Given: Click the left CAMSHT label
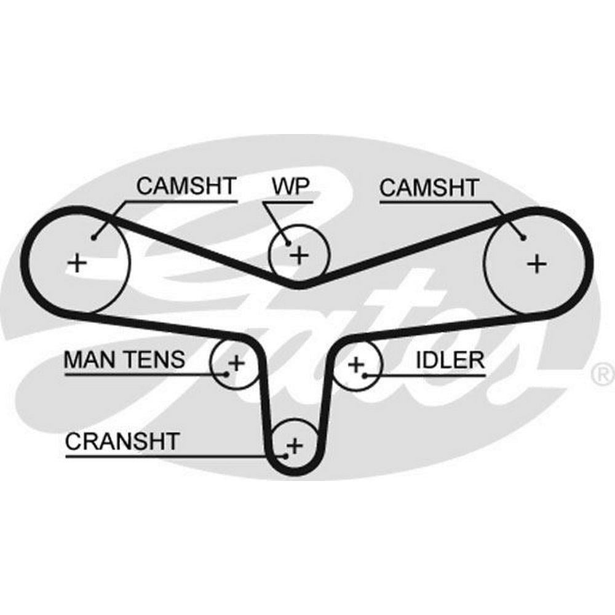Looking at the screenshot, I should (186, 186).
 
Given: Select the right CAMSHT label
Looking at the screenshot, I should (429, 187).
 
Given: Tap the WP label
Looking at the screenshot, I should (289, 186).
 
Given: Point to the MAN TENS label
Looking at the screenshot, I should (124, 360).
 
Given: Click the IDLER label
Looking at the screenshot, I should (450, 360).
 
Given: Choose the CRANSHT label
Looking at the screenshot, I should (122, 441).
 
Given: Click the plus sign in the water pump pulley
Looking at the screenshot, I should (299, 255).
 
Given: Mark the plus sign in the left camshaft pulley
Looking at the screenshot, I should (77, 263).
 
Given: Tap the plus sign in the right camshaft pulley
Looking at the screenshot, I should (537, 263).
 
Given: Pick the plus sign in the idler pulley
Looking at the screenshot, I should (355, 365).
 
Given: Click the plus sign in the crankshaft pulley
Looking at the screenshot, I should (295, 444).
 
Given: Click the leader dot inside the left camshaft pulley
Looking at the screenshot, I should (94, 236).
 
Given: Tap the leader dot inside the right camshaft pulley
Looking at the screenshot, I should (522, 237).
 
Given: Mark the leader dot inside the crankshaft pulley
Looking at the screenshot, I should (285, 456).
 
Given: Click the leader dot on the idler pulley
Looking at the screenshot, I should (365, 375).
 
